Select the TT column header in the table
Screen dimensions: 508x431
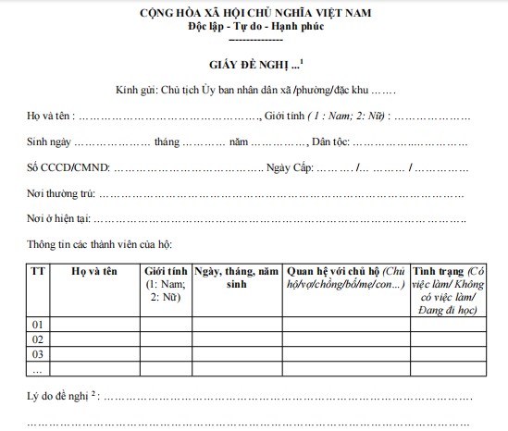(x=38, y=270)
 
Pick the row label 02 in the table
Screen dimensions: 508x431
(x=38, y=339)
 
